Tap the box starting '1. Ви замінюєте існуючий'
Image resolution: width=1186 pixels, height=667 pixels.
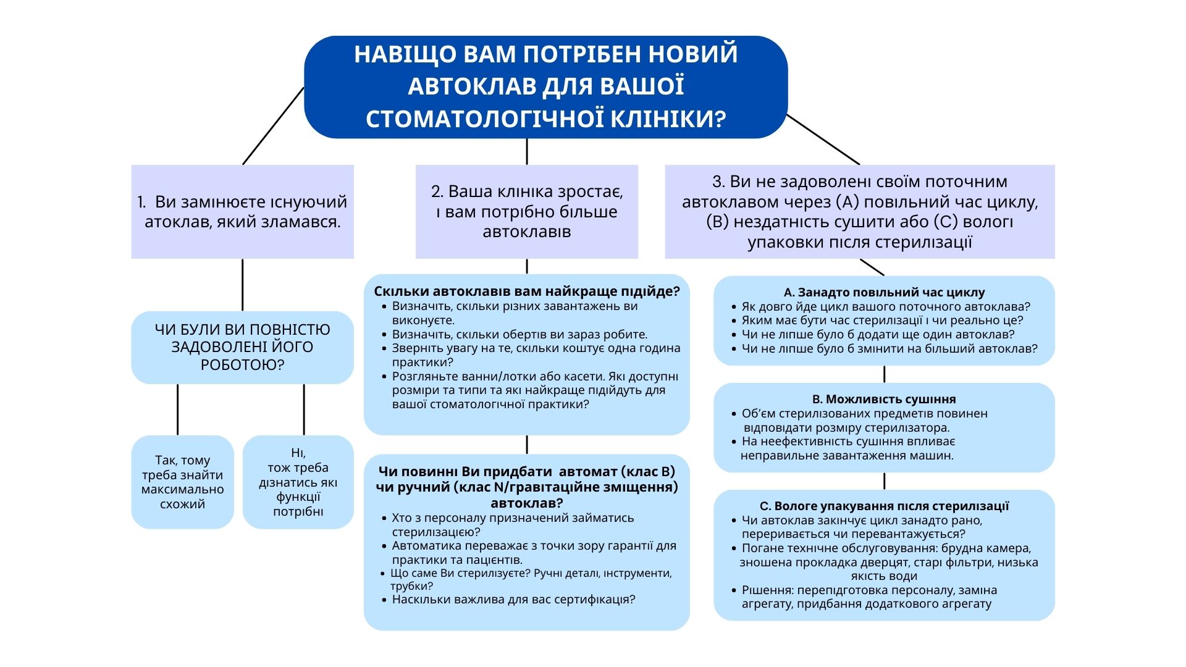(x=242, y=211)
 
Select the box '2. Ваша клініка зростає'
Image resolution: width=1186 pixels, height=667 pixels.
(x=526, y=211)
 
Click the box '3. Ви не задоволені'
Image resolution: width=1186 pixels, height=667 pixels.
(x=859, y=211)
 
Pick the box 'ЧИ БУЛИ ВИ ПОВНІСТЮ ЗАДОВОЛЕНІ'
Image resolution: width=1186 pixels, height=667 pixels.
(x=242, y=347)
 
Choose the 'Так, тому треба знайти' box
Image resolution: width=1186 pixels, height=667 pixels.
(x=182, y=482)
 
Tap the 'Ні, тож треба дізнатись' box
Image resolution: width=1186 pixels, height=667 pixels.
(x=298, y=482)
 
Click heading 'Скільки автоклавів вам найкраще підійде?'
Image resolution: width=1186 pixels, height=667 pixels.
(x=526, y=292)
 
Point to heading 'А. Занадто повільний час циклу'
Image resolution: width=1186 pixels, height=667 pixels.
(x=884, y=292)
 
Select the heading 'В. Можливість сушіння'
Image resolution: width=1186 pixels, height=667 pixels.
(x=884, y=399)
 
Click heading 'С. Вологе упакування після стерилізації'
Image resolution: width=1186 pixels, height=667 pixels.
(x=884, y=506)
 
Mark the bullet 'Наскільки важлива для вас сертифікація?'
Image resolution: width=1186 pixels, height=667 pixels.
(x=513, y=599)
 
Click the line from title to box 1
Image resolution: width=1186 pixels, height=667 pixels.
(x=273, y=126)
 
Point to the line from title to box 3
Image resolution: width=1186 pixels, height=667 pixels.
(x=823, y=140)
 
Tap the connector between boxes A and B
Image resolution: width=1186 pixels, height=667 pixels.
(x=884, y=374)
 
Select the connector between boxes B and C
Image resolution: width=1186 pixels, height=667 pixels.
(x=884, y=481)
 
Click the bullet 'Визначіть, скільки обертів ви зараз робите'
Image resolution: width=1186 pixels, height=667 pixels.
(x=519, y=334)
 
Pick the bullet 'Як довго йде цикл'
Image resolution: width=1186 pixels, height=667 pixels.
(x=885, y=306)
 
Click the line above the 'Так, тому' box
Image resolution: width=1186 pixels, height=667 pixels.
(x=178, y=409)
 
